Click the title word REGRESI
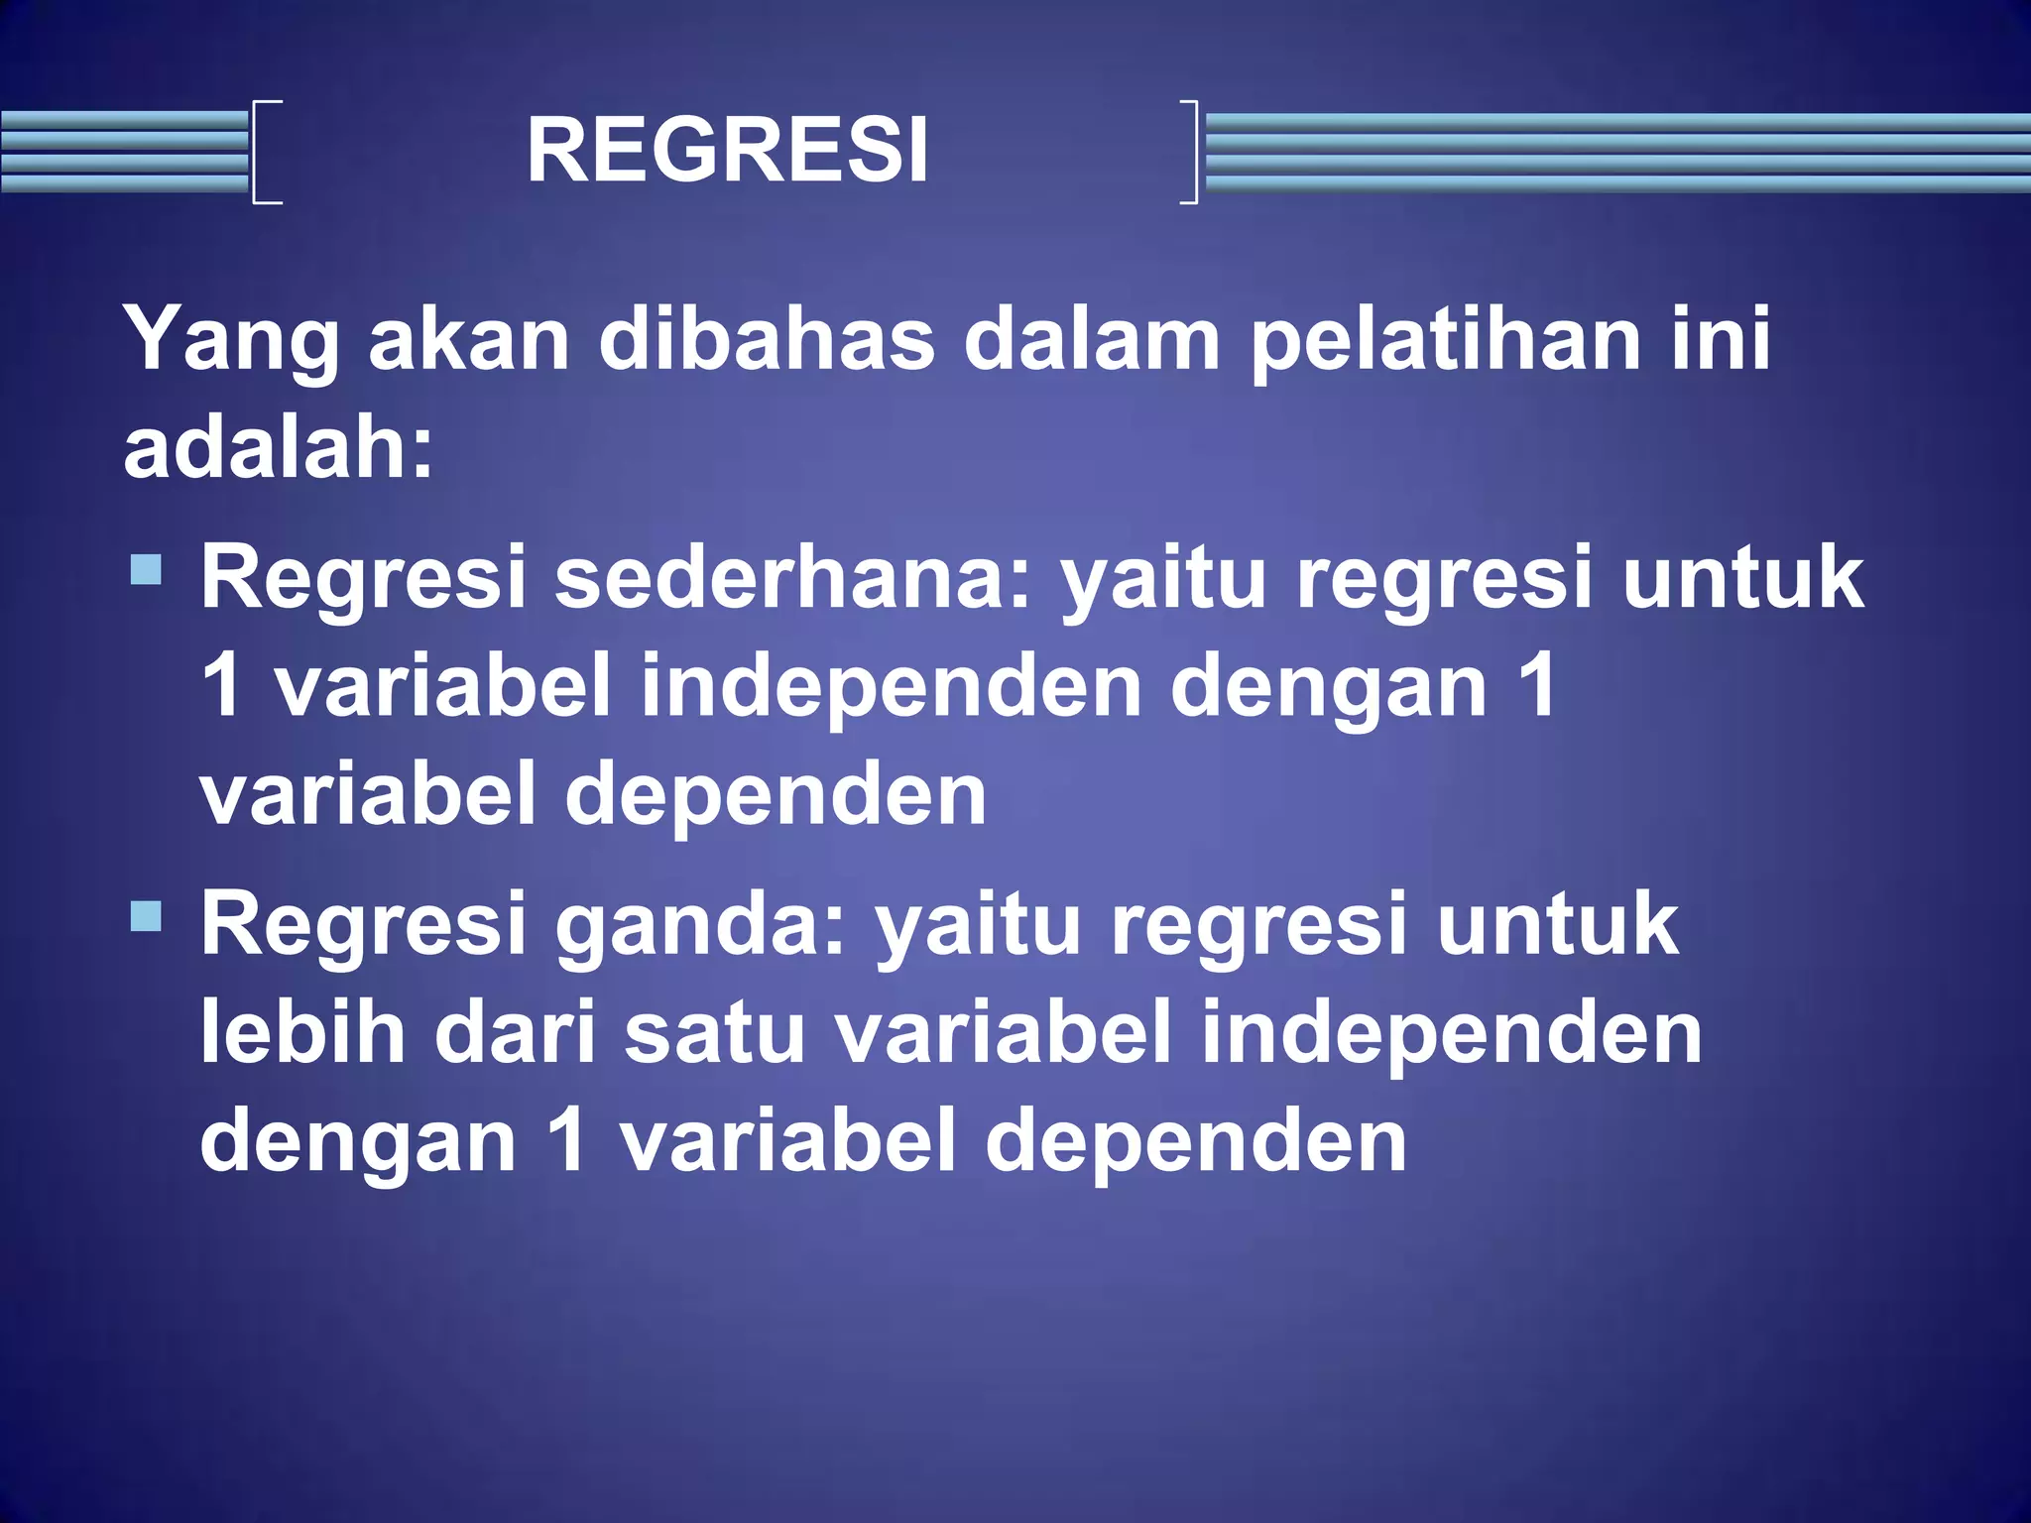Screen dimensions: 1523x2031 coord(727,151)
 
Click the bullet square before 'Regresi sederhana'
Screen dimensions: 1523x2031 coord(146,569)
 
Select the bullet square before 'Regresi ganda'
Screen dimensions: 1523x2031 coord(146,915)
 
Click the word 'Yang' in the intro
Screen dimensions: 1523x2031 coord(231,339)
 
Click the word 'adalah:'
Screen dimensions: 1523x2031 coord(279,448)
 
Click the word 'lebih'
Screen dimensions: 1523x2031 coord(303,1032)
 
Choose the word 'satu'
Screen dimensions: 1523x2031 coord(714,1032)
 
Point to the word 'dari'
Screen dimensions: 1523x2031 coord(516,1032)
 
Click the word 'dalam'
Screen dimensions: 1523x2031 coord(1092,339)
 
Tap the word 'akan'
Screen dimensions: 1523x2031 coord(469,339)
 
